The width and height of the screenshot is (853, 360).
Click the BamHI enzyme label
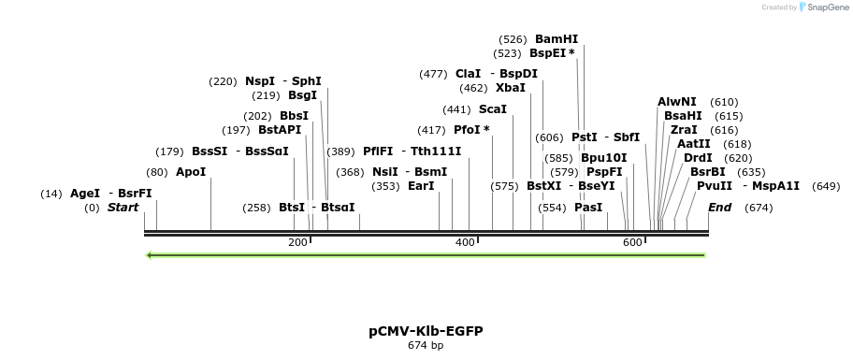557,39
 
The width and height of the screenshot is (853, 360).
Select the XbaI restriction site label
511,88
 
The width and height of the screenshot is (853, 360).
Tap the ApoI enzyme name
191,172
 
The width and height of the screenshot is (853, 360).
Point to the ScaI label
492,109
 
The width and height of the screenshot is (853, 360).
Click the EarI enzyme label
421,186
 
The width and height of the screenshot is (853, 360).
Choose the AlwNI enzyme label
677,102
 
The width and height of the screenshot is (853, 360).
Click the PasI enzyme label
588,208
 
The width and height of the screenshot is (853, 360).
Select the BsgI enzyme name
302,95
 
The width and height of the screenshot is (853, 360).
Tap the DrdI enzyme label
698,158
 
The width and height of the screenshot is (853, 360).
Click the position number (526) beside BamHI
513,39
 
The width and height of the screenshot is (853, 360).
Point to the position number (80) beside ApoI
157,172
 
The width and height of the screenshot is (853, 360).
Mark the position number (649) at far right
826,186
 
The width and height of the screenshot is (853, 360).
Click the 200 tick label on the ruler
297,242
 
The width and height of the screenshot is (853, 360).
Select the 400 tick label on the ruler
465,242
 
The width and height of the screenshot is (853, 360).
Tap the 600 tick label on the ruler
632,242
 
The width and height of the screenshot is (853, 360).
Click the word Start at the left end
123,208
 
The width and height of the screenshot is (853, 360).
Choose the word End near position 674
719,208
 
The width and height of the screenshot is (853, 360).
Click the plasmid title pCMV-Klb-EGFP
426,331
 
